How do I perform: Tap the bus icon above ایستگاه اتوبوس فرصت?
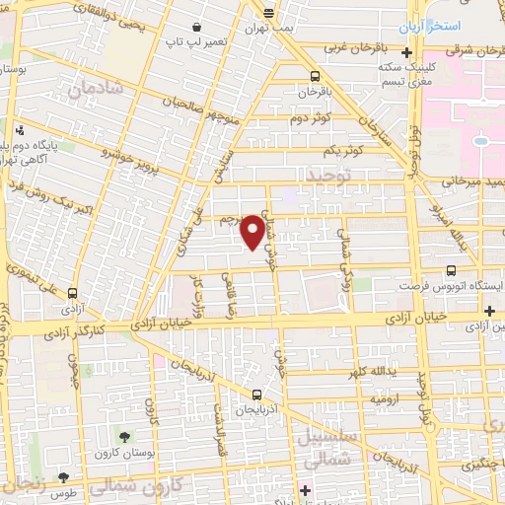click(x=452, y=268)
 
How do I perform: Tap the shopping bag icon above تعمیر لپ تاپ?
click(x=201, y=27)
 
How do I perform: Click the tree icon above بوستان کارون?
click(x=125, y=436)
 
